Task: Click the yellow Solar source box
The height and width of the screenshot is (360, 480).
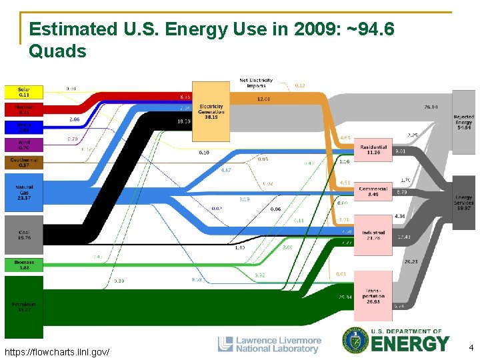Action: (x=23, y=91)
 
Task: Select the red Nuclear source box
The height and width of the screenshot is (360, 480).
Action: (x=23, y=109)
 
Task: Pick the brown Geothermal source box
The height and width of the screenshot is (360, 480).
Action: (x=23, y=163)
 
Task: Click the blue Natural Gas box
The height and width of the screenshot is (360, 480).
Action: (x=23, y=192)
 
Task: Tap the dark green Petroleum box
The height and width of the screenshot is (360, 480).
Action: (x=23, y=307)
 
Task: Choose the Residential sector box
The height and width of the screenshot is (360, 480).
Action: (x=373, y=151)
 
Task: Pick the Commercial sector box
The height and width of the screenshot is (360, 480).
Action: (x=373, y=191)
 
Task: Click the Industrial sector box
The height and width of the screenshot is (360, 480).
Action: (x=373, y=235)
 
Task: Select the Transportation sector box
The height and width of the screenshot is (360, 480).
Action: (x=373, y=295)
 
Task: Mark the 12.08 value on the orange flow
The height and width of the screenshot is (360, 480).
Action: (x=263, y=99)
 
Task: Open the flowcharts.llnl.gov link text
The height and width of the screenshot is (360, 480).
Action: (x=57, y=351)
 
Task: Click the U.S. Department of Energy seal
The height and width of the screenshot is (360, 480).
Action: (x=355, y=341)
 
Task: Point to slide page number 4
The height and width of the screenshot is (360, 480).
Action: (x=470, y=347)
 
